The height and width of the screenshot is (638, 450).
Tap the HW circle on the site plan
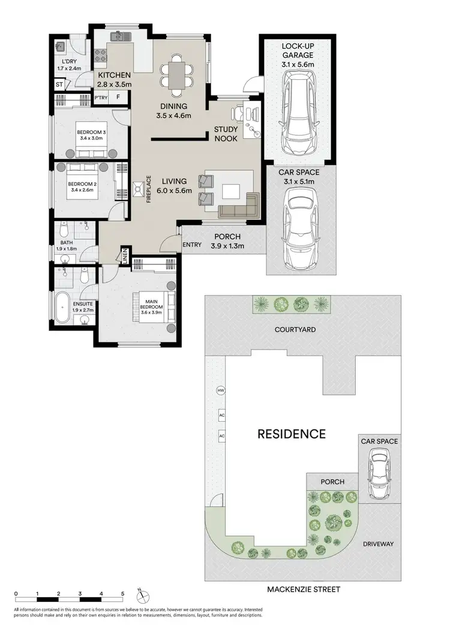coord(221,390)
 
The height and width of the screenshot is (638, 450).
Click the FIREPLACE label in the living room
coord(149,189)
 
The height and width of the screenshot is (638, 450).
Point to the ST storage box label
coord(59,85)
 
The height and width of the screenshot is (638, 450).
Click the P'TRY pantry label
coord(100,97)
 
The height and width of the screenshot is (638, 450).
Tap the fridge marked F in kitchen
coord(119,97)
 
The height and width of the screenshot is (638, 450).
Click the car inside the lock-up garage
coord(297,113)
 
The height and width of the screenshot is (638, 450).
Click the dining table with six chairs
coord(177,75)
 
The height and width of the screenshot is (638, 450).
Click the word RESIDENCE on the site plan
coord(291,434)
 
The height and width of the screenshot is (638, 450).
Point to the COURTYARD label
coord(295,329)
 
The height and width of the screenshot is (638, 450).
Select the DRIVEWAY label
coord(378,544)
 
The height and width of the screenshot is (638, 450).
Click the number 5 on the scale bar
coord(122,594)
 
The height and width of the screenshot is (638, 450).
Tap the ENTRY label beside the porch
coord(192,244)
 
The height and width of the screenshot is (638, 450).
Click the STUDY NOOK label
coord(226,134)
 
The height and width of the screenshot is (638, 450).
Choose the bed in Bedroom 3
coord(89,134)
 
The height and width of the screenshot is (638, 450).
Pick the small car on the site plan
coord(378,475)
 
